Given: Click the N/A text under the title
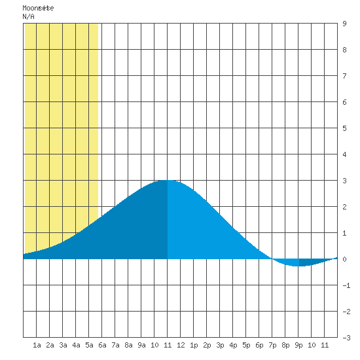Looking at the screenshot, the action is (x=28, y=16).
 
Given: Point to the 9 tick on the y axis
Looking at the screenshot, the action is (x=344, y=24).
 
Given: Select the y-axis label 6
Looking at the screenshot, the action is (x=344, y=102).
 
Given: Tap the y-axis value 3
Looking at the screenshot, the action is (x=344, y=181).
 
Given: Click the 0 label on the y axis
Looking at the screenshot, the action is (x=344, y=259).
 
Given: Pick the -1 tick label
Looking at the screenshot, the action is (x=346, y=285).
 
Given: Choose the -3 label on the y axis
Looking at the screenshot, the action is (x=346, y=338).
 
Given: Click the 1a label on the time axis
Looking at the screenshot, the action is (x=37, y=345).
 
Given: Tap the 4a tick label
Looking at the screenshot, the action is (x=76, y=345).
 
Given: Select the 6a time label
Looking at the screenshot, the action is (x=102, y=345).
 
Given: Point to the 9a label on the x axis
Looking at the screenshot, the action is (x=141, y=345).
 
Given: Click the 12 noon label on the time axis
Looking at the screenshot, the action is (x=181, y=345).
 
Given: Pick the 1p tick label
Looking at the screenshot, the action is (x=194, y=345).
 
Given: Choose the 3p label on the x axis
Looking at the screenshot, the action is (x=220, y=345).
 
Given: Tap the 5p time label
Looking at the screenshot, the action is (x=246, y=345).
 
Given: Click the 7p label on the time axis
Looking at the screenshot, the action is (x=272, y=345).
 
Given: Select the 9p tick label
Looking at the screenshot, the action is (x=298, y=345).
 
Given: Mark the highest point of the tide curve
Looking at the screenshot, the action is (x=168, y=180).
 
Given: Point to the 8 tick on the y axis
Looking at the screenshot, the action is (x=344, y=50).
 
